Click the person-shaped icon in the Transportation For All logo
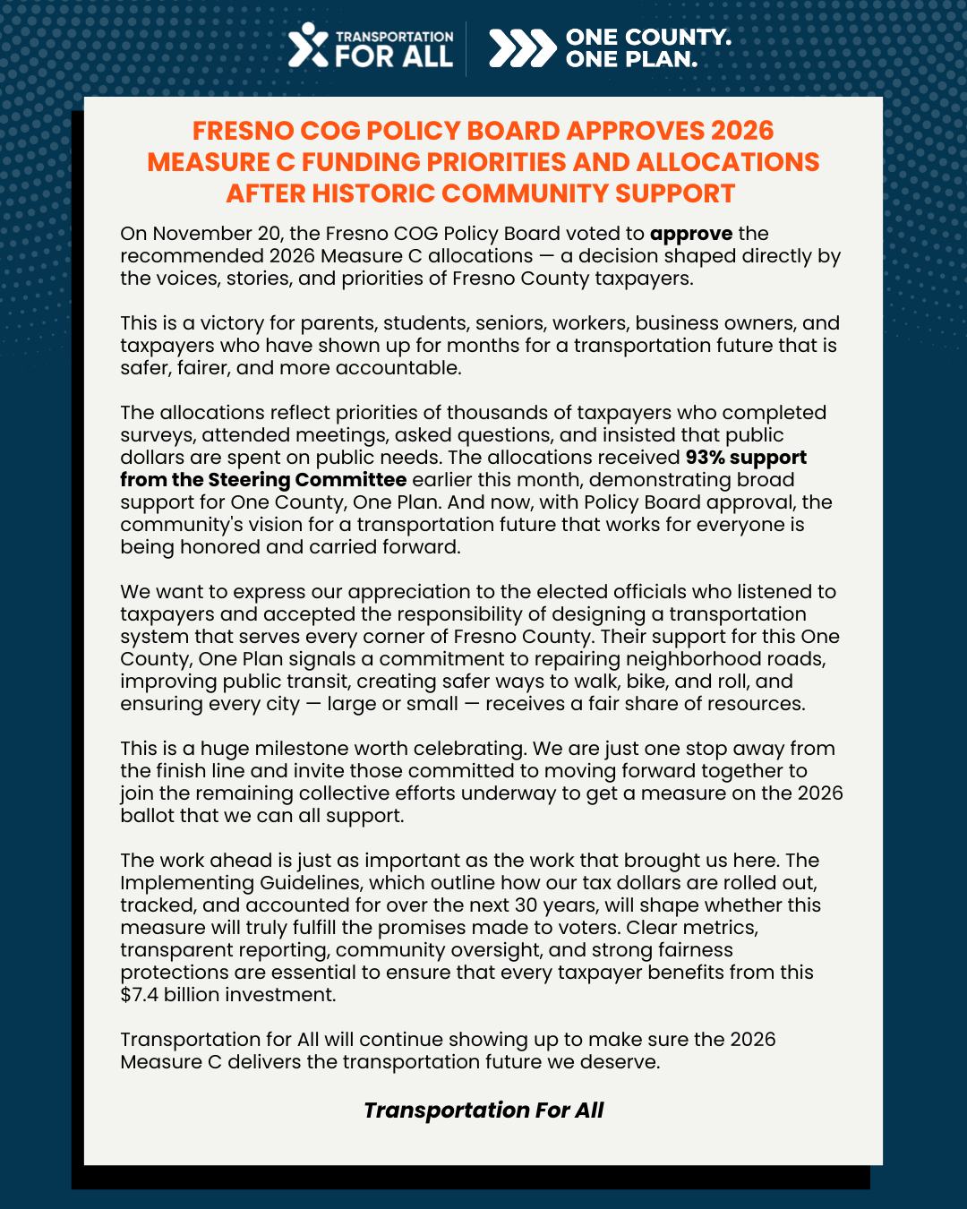[x=307, y=46]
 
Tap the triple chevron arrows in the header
[x=522, y=48]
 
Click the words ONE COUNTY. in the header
[x=648, y=37]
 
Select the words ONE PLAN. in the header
[x=631, y=60]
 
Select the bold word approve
[x=691, y=234]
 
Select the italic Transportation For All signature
[x=483, y=1110]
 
